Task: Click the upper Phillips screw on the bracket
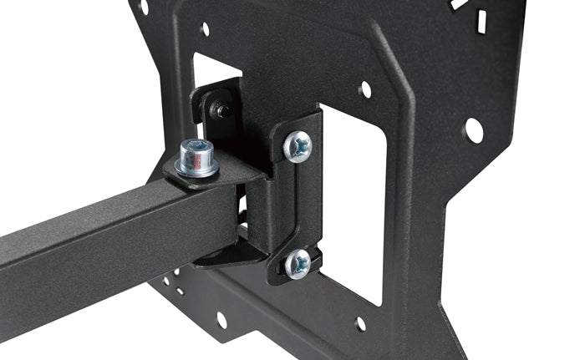[x=298, y=147]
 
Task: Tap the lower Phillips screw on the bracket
[x=297, y=264]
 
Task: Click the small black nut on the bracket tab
[x=221, y=109]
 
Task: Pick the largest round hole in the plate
[x=474, y=129]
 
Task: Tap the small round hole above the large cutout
[x=364, y=89]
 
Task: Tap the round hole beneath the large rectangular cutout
[x=360, y=323]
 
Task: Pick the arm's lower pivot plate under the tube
[x=221, y=251]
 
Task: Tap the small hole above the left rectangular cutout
[x=206, y=29]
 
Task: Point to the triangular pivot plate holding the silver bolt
[x=226, y=171]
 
